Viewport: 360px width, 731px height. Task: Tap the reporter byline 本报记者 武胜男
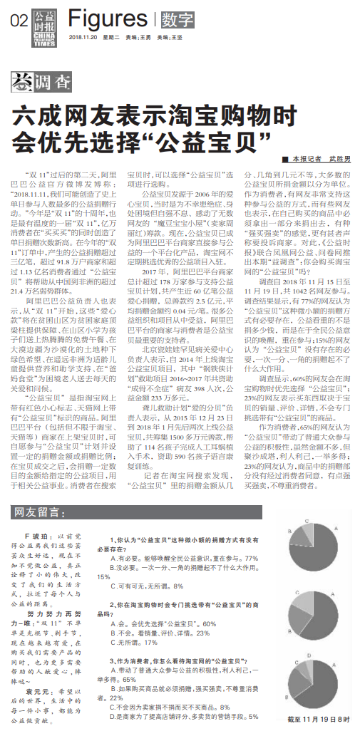pos(317,159)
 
